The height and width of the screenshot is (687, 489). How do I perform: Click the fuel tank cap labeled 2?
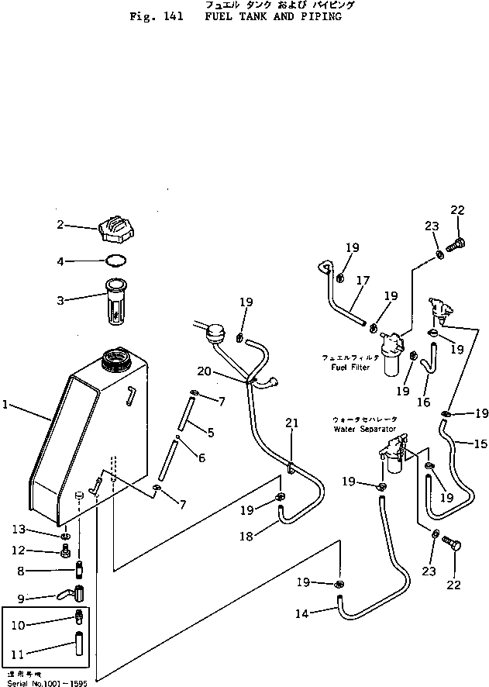coord(114,230)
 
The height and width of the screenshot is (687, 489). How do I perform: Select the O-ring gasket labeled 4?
coord(115,261)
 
